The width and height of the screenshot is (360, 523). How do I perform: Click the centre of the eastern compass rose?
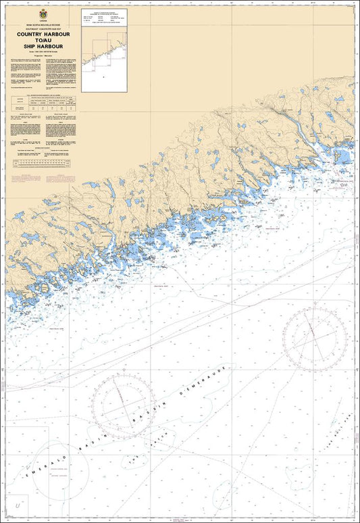[310, 334]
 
